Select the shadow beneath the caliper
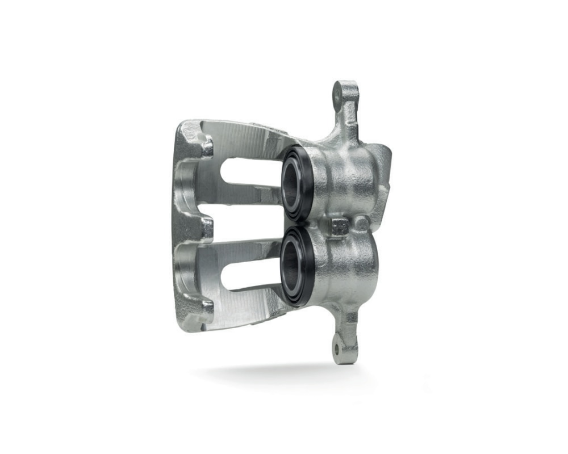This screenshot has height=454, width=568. coord(273,372)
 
